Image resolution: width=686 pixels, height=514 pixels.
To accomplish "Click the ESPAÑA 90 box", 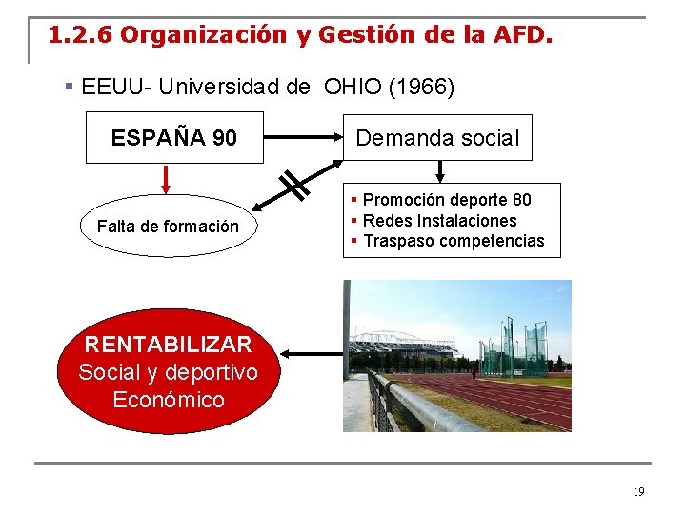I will (173, 138).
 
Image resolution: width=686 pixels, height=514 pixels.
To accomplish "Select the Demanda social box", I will (437, 138).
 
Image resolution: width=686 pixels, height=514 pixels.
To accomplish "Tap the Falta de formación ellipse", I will (168, 227).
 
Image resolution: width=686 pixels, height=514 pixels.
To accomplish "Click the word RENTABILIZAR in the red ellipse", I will (168, 344).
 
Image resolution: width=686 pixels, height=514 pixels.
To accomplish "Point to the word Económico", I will (169, 399).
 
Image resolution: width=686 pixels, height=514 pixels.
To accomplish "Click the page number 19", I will (638, 492).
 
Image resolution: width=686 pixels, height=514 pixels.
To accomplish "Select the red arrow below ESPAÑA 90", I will (166, 179).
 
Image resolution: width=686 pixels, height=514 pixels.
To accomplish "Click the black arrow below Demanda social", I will (439, 171).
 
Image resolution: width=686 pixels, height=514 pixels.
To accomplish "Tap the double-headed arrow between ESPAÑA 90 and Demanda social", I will (303, 138).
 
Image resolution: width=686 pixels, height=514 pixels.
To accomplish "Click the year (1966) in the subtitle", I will (420, 88).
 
